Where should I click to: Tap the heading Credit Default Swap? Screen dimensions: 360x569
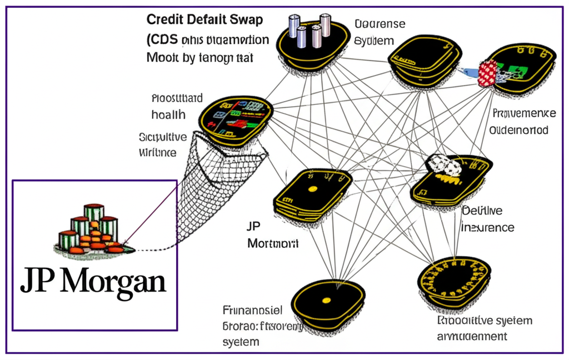coord(204,21)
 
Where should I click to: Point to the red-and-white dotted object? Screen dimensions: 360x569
coord(487,73)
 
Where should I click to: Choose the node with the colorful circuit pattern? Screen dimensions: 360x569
coord(237,116)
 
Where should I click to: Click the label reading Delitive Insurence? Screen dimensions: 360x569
coord(488,219)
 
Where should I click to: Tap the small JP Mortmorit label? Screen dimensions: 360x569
coord(272,236)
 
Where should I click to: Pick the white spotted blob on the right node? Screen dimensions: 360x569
coord(445,165)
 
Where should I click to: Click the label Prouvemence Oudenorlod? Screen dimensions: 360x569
coord(523,122)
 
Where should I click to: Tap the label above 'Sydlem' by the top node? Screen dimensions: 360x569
coord(380,24)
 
